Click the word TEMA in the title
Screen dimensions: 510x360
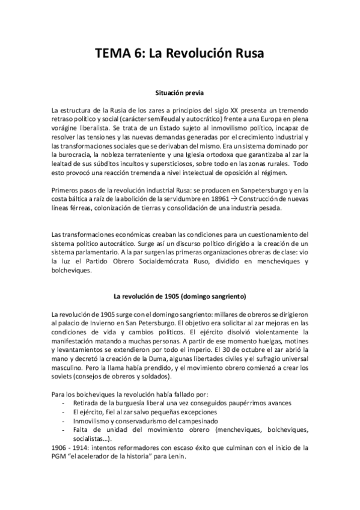click(112, 54)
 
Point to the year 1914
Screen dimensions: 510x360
click(84, 447)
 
